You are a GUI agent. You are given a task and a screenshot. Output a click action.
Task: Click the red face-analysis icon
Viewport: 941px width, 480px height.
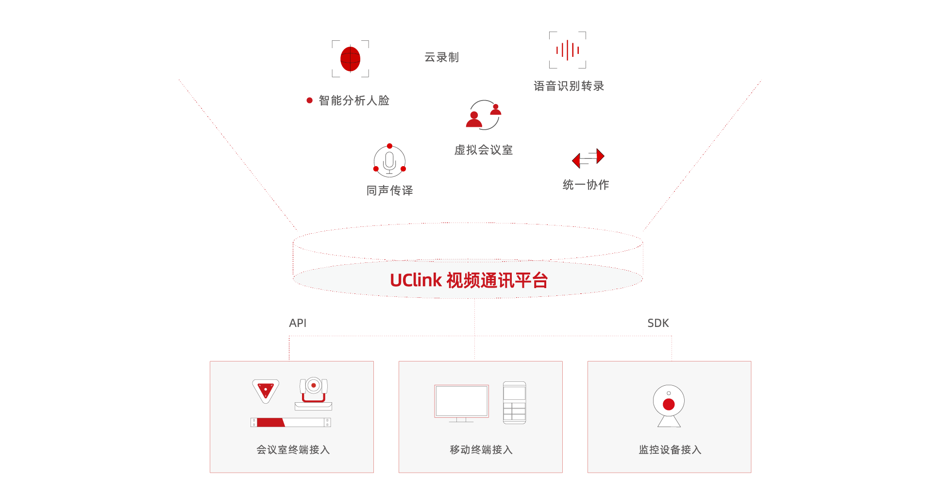(350, 59)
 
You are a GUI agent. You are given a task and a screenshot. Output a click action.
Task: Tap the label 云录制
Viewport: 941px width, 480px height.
(441, 57)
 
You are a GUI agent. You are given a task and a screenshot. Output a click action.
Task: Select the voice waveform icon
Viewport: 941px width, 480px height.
(567, 50)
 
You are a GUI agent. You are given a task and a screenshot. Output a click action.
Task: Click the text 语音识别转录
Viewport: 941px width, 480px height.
(569, 86)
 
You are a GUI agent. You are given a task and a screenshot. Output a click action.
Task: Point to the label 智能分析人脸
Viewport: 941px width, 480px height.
(354, 101)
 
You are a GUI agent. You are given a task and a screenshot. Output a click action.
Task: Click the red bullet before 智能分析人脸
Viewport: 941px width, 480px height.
(309, 101)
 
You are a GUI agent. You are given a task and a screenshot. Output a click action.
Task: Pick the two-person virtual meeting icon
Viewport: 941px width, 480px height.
(484, 116)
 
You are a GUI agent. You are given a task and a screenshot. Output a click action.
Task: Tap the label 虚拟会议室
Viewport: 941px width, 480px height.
(483, 150)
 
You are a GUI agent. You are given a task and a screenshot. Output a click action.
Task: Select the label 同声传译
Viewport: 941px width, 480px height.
(389, 190)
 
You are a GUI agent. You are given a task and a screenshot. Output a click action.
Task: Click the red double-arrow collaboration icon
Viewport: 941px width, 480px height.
(588, 158)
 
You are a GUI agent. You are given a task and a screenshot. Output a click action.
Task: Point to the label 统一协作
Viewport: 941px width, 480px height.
(586, 185)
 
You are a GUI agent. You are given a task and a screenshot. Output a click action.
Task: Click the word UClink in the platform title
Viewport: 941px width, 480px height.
(416, 280)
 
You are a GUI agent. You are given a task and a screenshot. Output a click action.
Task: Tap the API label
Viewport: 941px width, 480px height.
(298, 323)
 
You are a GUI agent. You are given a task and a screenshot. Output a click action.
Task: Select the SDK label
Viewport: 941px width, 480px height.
(658, 323)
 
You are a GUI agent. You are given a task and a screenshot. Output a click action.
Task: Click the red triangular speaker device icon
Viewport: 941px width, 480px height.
(266, 391)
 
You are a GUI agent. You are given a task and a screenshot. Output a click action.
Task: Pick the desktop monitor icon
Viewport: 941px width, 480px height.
(461, 403)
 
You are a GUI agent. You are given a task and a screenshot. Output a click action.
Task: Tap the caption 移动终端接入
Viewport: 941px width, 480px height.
(481, 450)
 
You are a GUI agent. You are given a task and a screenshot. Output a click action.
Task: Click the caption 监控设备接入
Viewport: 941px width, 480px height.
(670, 450)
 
